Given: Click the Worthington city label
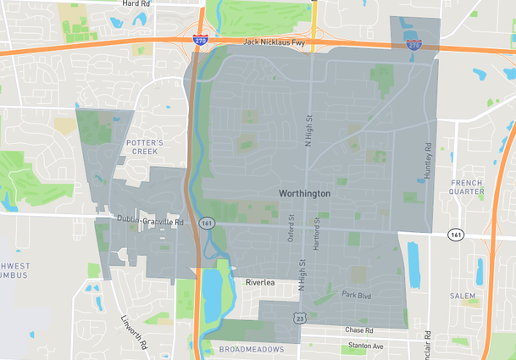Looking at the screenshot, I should (x=304, y=194).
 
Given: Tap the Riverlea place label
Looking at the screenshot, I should (x=261, y=283).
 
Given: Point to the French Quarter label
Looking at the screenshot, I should (x=467, y=187).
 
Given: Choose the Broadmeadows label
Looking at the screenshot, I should (x=251, y=349).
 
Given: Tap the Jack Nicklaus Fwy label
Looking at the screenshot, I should (x=273, y=41).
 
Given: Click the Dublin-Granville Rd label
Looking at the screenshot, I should (x=150, y=222).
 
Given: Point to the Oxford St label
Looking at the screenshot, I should (x=291, y=226).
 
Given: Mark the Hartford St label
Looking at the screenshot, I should (x=316, y=226).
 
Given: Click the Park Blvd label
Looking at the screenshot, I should (x=357, y=295).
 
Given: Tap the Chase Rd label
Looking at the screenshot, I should (x=358, y=330).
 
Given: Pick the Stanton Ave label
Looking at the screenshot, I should (x=366, y=346).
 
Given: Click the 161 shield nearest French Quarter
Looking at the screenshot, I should (x=457, y=235).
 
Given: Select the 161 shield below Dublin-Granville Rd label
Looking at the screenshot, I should (x=206, y=223).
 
